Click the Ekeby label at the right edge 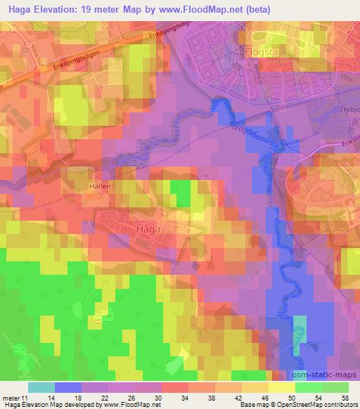tap(349, 109)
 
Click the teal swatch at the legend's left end tap(41, 387)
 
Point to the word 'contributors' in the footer tap(337, 405)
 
